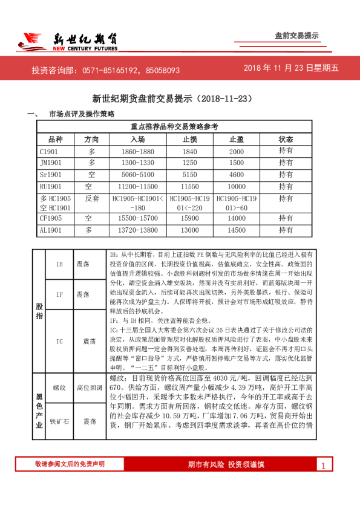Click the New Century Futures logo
[67, 41]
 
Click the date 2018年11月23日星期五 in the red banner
[291, 68]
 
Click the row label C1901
[49, 151]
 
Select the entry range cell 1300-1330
[137, 163]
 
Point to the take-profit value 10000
[237, 186]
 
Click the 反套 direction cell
[91, 198]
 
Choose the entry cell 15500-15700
[137, 218]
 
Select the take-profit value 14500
[237, 230]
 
